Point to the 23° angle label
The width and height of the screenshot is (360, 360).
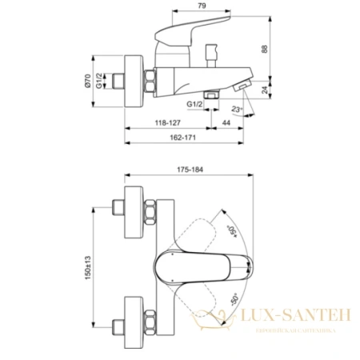tap(238, 110)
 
